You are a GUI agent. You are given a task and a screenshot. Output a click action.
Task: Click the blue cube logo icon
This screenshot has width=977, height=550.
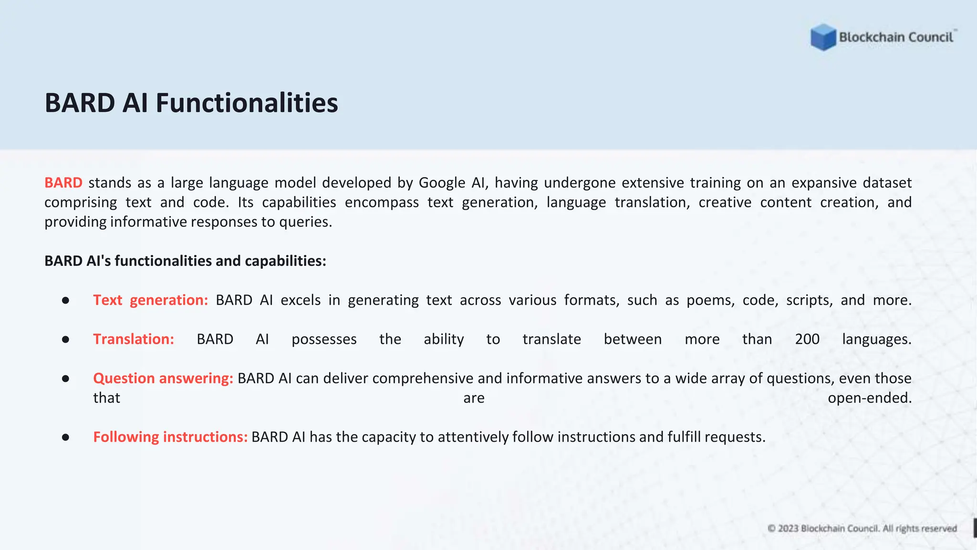823,37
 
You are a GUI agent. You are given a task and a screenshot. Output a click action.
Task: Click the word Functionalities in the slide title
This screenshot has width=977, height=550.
247,103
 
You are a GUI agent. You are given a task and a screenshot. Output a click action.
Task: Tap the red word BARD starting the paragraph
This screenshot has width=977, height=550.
63,183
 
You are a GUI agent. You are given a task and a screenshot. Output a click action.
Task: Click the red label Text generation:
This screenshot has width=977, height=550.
150,300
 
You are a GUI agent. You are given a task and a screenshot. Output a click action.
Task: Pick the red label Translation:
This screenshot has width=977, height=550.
134,339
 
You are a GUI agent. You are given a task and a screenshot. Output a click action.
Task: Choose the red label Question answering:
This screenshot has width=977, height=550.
163,379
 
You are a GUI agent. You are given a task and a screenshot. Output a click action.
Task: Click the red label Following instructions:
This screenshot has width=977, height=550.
170,437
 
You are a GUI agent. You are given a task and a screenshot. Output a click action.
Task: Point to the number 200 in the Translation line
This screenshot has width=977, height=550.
807,339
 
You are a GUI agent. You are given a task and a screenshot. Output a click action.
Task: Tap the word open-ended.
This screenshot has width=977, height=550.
869,398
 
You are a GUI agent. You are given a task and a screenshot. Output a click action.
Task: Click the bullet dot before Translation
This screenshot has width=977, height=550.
66,339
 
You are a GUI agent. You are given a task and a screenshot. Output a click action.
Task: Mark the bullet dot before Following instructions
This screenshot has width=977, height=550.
66,437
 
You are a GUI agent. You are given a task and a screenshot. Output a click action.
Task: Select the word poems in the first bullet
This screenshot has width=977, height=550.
710,300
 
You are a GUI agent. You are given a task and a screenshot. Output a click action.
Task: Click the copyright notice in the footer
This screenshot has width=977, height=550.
862,529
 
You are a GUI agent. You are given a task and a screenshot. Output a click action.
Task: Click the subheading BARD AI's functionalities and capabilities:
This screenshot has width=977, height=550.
185,261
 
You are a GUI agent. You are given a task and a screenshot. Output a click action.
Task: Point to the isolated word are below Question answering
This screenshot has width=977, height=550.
474,398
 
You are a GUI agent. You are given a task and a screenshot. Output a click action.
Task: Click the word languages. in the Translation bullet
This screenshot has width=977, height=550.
876,339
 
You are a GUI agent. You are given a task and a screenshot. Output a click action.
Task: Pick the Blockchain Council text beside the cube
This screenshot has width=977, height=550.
896,37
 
